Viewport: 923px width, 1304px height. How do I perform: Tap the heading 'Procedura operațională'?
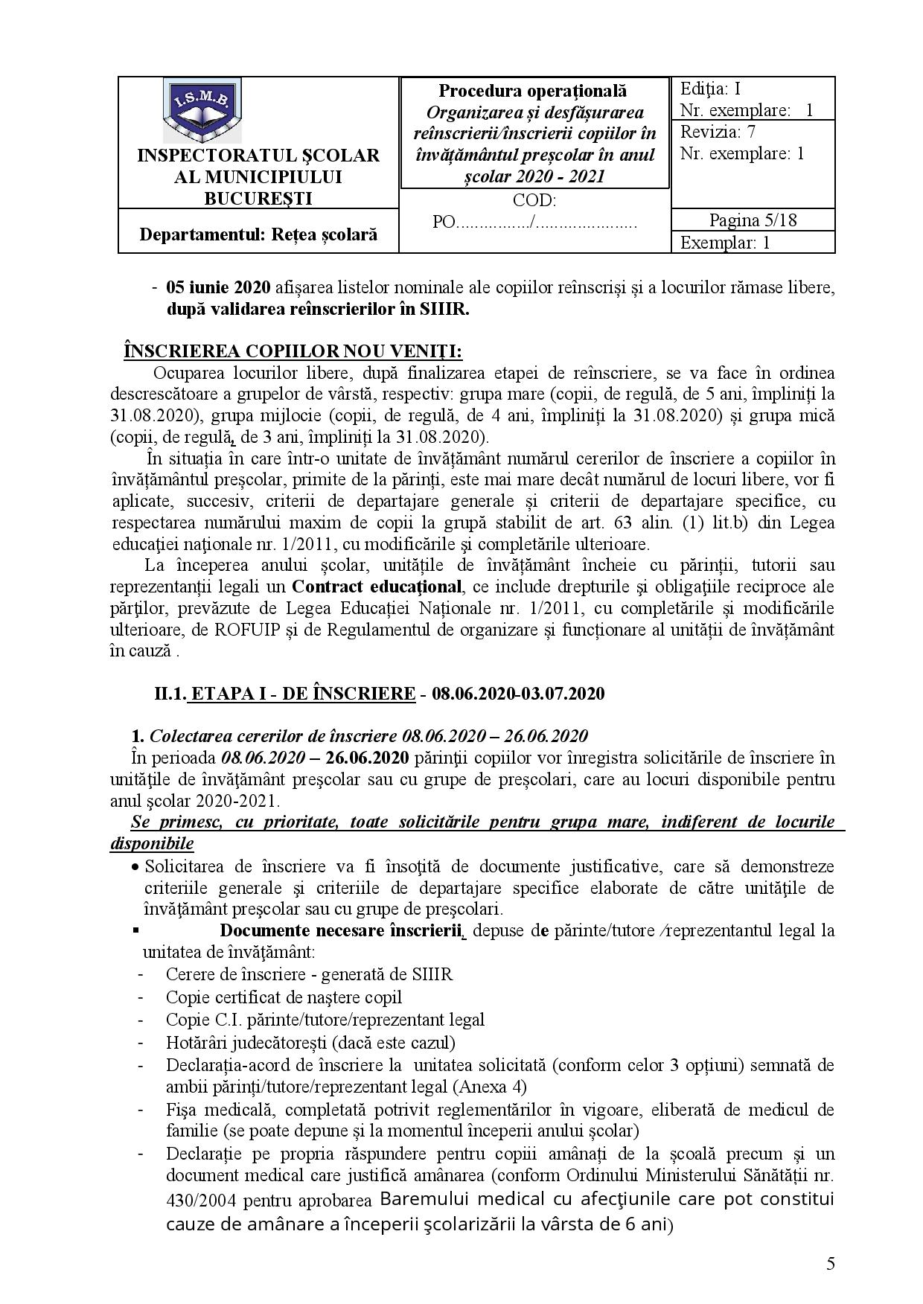point(532,91)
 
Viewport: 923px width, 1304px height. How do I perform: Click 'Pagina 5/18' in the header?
point(753,220)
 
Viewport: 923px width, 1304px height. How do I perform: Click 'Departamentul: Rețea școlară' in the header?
point(258,234)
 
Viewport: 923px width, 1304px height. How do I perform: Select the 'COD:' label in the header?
point(534,200)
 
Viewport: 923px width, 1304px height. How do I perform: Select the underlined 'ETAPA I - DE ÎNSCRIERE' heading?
point(302,694)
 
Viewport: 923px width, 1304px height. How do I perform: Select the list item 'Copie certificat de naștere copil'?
point(284,997)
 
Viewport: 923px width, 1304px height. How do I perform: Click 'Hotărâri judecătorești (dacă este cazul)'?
point(310,1042)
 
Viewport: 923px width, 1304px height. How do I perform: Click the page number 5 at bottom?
point(831,1264)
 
